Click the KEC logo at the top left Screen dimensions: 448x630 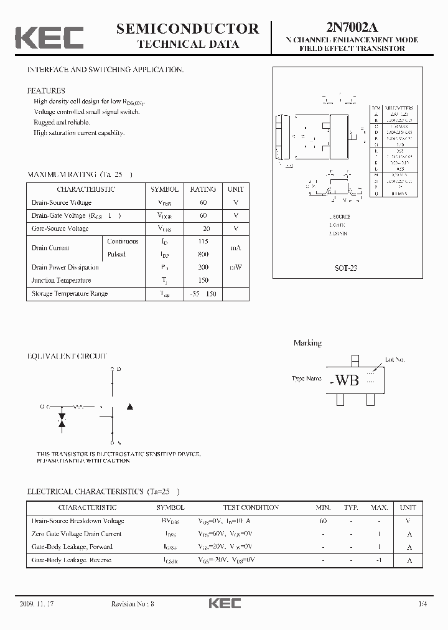click(x=49, y=37)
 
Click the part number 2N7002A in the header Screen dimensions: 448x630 click(x=352, y=27)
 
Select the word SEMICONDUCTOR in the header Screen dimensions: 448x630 click(x=187, y=28)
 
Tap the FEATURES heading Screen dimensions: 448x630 click(x=45, y=90)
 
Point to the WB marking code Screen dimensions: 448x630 click(x=347, y=380)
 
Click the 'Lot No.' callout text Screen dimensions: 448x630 click(x=394, y=359)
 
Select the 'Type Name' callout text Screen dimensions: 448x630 click(x=307, y=378)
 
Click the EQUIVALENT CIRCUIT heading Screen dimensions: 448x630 click(x=67, y=356)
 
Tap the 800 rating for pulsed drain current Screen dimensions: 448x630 click(x=203, y=254)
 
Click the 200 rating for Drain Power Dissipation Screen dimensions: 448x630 click(x=203, y=267)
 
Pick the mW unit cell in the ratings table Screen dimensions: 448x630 click(x=236, y=267)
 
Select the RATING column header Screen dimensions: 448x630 click(x=203, y=189)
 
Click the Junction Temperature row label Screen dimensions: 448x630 click(x=60, y=280)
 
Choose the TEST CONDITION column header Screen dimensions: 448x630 click(x=251, y=507)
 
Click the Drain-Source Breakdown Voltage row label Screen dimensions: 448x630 click(x=78, y=520)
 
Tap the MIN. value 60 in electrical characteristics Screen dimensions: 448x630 click(x=323, y=520)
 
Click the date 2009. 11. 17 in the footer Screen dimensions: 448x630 click(x=37, y=604)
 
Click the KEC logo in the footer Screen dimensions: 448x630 click(x=224, y=603)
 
